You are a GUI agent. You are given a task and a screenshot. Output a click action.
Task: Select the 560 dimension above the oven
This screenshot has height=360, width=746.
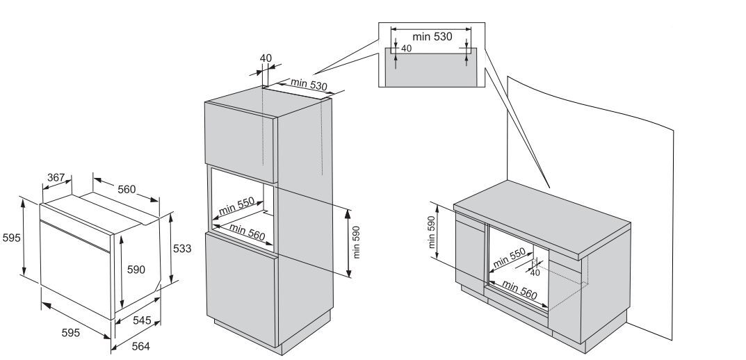click(126, 189)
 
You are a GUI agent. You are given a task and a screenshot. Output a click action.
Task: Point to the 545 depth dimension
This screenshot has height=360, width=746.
click(143, 320)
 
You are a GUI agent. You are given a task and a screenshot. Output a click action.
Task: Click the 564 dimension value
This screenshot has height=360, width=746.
click(141, 345)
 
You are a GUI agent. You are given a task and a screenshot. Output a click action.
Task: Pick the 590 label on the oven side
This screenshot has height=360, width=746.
click(135, 270)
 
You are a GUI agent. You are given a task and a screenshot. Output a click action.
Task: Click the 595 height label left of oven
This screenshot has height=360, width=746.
click(11, 238)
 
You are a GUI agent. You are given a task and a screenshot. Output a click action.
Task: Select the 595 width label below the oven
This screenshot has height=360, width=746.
click(70, 333)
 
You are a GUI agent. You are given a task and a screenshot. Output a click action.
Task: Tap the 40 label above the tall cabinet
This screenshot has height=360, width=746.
click(266, 58)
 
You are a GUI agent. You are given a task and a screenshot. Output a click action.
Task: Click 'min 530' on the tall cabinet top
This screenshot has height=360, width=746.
click(309, 85)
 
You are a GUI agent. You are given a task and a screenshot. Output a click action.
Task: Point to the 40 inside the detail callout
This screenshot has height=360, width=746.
click(407, 49)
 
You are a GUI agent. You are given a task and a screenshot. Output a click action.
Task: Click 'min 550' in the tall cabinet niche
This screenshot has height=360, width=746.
click(236, 206)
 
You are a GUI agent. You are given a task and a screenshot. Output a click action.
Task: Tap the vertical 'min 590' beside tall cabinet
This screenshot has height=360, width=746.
click(356, 241)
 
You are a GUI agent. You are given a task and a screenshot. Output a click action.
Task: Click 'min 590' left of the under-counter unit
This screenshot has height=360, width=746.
click(432, 231)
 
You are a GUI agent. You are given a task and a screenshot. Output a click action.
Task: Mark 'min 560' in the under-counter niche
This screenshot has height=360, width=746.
click(520, 290)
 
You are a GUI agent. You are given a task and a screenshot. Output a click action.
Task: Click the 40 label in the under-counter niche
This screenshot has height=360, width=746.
click(535, 272)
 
